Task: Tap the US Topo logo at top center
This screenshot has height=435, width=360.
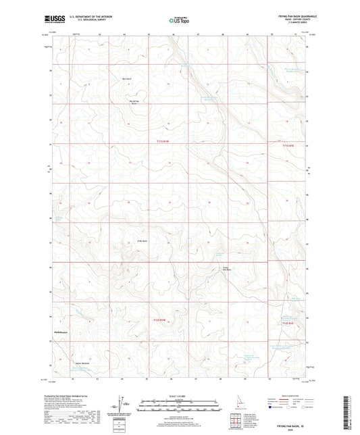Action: pyautogui.click(x=175, y=21)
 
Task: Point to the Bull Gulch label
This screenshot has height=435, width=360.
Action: pyautogui.click(x=125, y=78)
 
